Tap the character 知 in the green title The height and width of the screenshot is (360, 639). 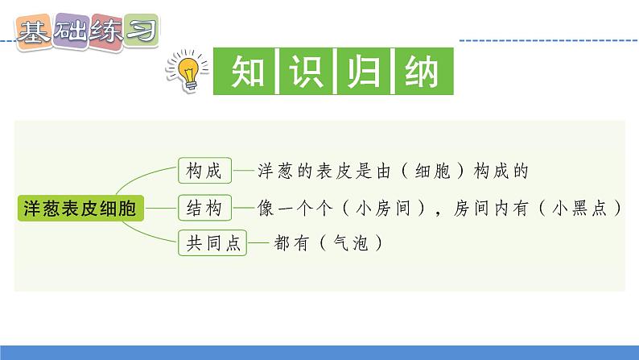pos(243,74)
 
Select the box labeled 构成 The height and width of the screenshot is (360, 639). pos(204,170)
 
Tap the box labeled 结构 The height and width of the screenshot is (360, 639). pos(204,208)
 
